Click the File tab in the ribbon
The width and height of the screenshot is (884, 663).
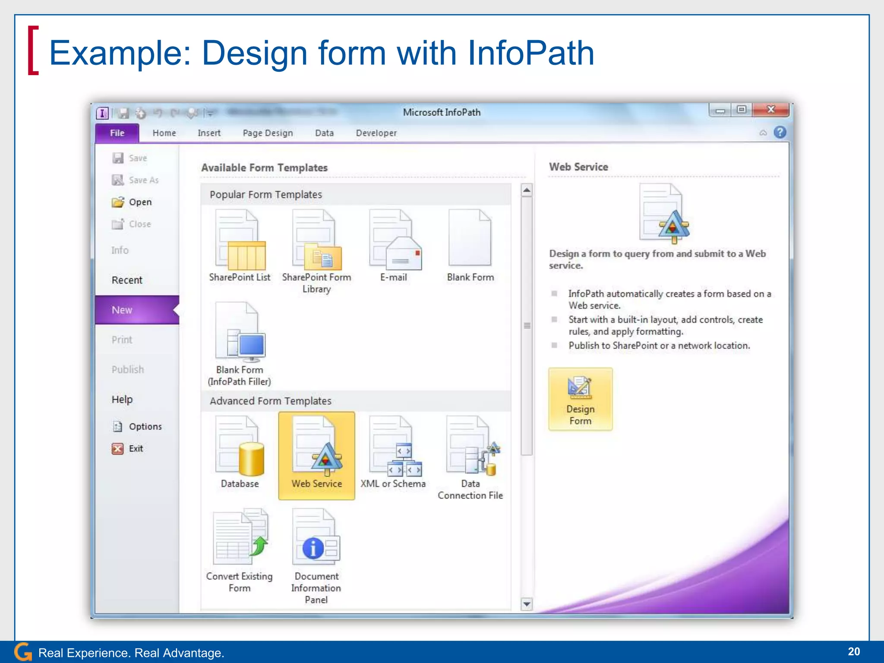117,133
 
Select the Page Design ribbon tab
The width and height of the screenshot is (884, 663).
268,133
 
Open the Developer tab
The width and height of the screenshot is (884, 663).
376,133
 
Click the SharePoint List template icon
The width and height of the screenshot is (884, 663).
240,240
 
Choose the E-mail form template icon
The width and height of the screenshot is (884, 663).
395,240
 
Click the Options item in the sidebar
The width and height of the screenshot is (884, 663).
145,426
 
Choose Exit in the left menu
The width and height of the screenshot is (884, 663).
136,448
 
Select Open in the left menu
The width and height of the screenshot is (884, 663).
140,202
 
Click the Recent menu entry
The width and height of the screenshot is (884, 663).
127,280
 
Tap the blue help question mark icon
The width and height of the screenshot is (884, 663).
780,132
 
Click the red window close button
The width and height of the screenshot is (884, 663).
770,110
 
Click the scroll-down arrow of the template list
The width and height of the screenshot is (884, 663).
527,604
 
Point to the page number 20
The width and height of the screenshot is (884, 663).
853,652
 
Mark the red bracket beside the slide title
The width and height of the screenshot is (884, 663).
33,51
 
